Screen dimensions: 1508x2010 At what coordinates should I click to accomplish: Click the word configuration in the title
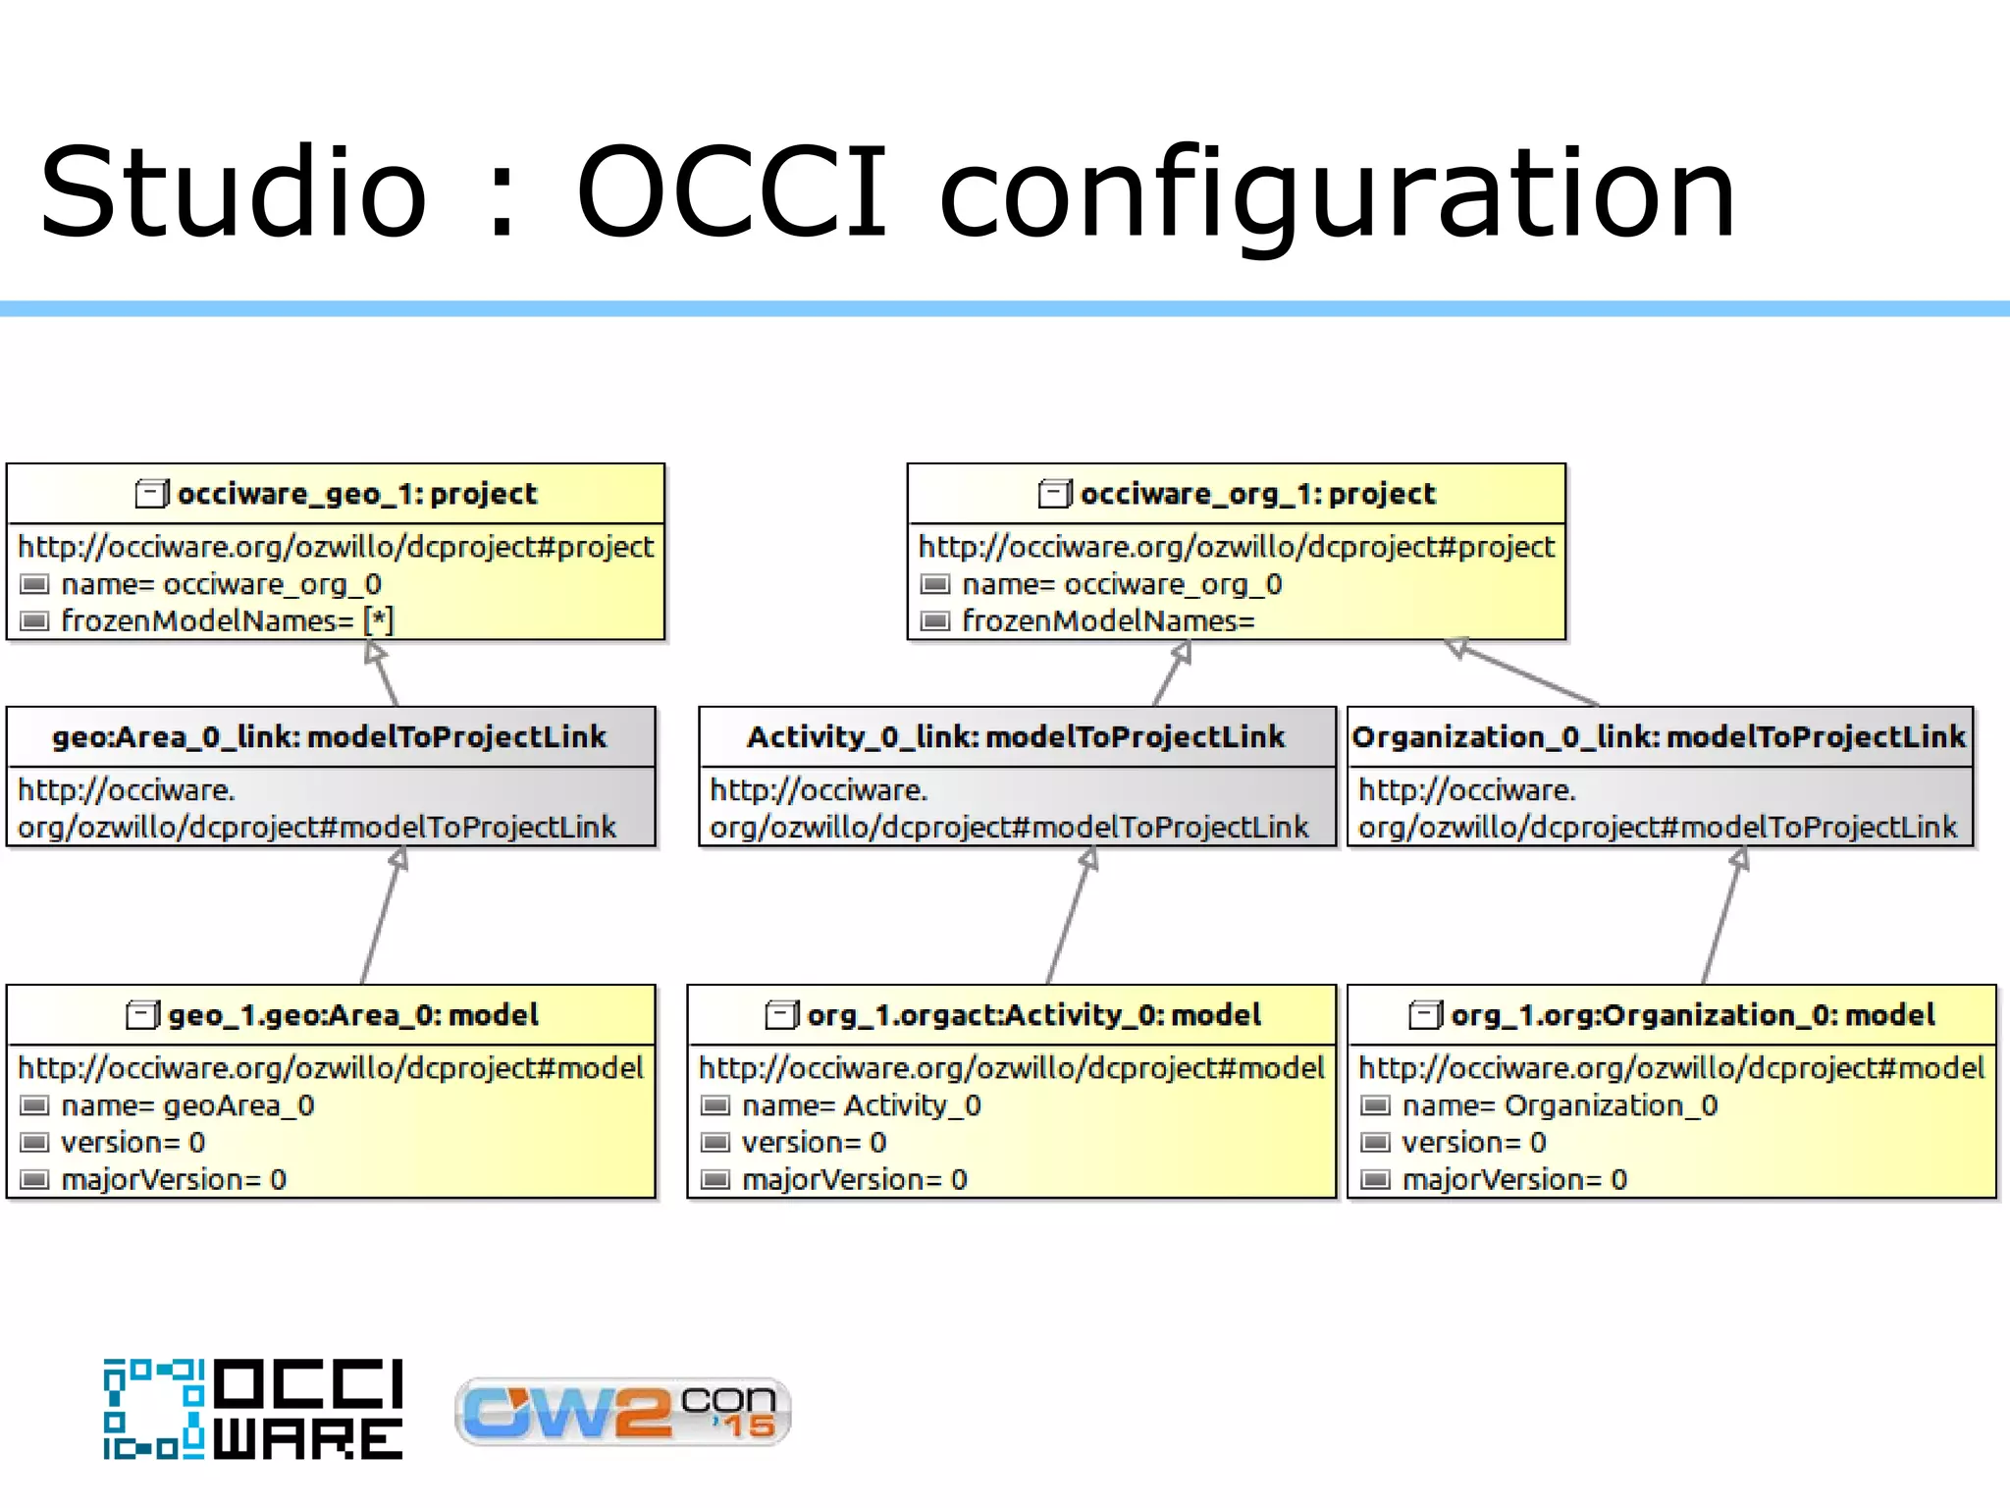click(x=1337, y=194)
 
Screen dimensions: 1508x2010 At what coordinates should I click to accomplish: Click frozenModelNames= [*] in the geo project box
click(x=226, y=620)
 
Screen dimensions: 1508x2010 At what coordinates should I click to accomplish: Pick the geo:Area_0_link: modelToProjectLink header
click(x=330, y=736)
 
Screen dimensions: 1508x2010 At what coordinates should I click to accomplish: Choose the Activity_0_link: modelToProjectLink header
click(x=1016, y=736)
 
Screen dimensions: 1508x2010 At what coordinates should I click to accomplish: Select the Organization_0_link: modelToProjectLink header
click(x=1659, y=736)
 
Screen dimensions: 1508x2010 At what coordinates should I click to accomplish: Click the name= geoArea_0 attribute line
click(x=186, y=1105)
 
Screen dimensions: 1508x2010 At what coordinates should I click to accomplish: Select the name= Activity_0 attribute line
click(x=861, y=1105)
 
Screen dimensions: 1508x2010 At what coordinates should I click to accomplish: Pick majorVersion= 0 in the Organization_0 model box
click(x=1513, y=1179)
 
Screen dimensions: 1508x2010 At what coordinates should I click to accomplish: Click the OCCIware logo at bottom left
click(x=253, y=1410)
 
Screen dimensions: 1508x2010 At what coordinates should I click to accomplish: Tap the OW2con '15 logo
click(x=622, y=1412)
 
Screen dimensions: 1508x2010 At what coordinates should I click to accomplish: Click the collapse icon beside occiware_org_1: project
click(x=1054, y=493)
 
